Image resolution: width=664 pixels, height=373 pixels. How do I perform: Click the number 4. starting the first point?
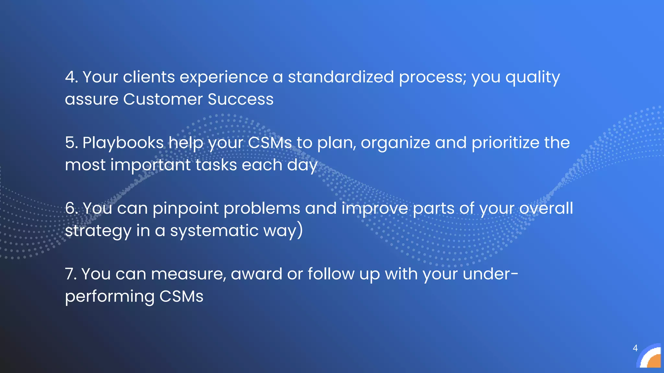coord(71,77)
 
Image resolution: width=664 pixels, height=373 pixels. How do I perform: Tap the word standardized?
coord(341,77)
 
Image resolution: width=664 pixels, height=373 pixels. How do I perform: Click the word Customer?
coord(163,99)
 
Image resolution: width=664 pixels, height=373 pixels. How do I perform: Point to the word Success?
coord(241,99)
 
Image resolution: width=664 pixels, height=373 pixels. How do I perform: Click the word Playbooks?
coord(123,143)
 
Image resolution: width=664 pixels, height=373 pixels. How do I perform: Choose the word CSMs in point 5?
coord(270,143)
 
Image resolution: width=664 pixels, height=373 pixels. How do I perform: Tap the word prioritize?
coord(505,143)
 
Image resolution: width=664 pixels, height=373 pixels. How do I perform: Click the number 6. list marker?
coord(71,208)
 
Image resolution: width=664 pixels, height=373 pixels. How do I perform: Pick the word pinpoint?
coord(185,208)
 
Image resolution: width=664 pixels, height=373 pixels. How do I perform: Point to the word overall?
coord(546,208)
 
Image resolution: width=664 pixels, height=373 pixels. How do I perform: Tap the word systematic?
coord(214,231)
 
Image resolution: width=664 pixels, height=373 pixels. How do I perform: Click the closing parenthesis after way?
coord(300,230)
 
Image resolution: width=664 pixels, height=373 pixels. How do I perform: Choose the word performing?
coord(110,297)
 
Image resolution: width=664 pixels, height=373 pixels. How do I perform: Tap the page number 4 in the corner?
coord(635,348)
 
